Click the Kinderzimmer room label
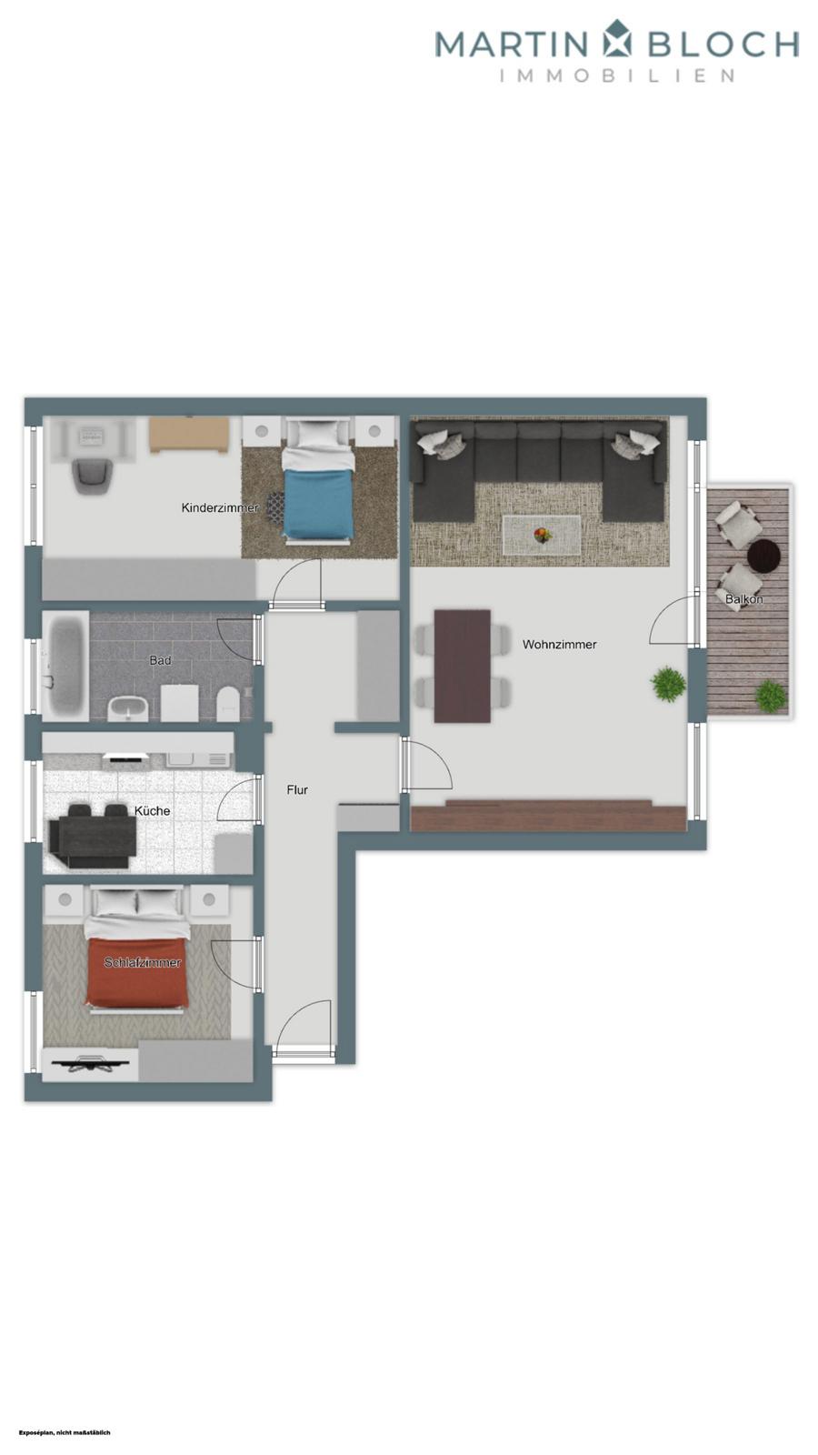[220, 507]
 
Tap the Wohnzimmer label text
[559, 645]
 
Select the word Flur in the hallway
[297, 790]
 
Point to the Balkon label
[743, 599]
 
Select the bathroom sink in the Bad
[128, 707]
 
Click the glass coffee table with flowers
[543, 535]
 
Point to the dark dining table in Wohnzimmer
[462, 666]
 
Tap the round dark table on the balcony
[763, 555]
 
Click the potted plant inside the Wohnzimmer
[668, 684]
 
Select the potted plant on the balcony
[771, 697]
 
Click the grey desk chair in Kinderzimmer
[93, 474]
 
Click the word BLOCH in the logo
[723, 44]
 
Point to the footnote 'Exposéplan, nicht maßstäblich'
[65, 1432]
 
